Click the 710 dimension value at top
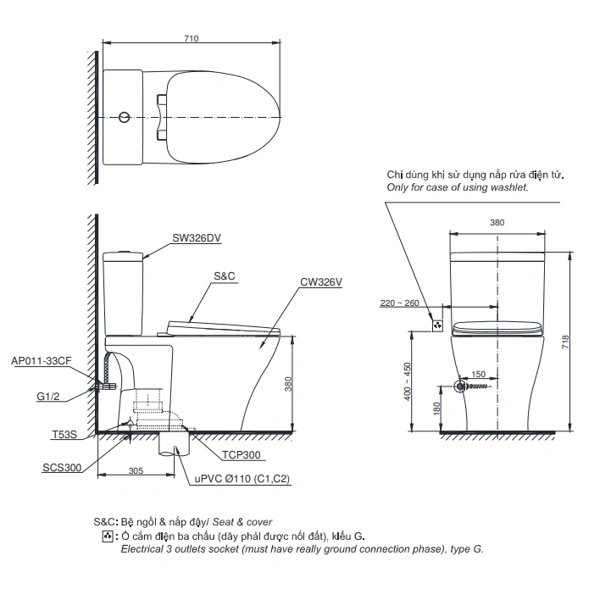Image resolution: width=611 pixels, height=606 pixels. click(192, 39)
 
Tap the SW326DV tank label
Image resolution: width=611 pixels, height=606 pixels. click(197, 238)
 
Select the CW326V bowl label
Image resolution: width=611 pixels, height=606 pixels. click(321, 282)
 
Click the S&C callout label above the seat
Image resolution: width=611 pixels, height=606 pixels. click(225, 276)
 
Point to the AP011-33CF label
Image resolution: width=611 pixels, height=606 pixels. click(42, 361)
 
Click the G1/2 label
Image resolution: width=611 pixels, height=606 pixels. click(48, 397)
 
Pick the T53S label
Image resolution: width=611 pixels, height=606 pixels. click(64, 434)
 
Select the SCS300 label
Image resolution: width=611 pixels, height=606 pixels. click(62, 468)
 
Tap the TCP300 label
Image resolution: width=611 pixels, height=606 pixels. click(242, 455)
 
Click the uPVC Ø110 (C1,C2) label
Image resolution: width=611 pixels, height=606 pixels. click(242, 479)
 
